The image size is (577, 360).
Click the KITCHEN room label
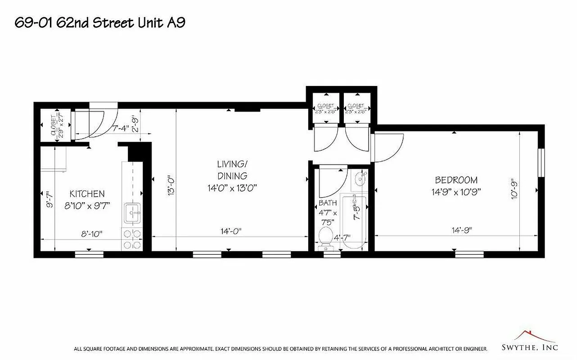(87, 194)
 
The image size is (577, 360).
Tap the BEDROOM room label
(456, 180)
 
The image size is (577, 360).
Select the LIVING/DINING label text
(232, 170)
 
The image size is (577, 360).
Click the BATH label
(328, 203)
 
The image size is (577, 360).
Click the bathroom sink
(361, 180)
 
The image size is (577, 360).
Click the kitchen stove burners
(132, 239)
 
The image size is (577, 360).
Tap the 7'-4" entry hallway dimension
(121, 128)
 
